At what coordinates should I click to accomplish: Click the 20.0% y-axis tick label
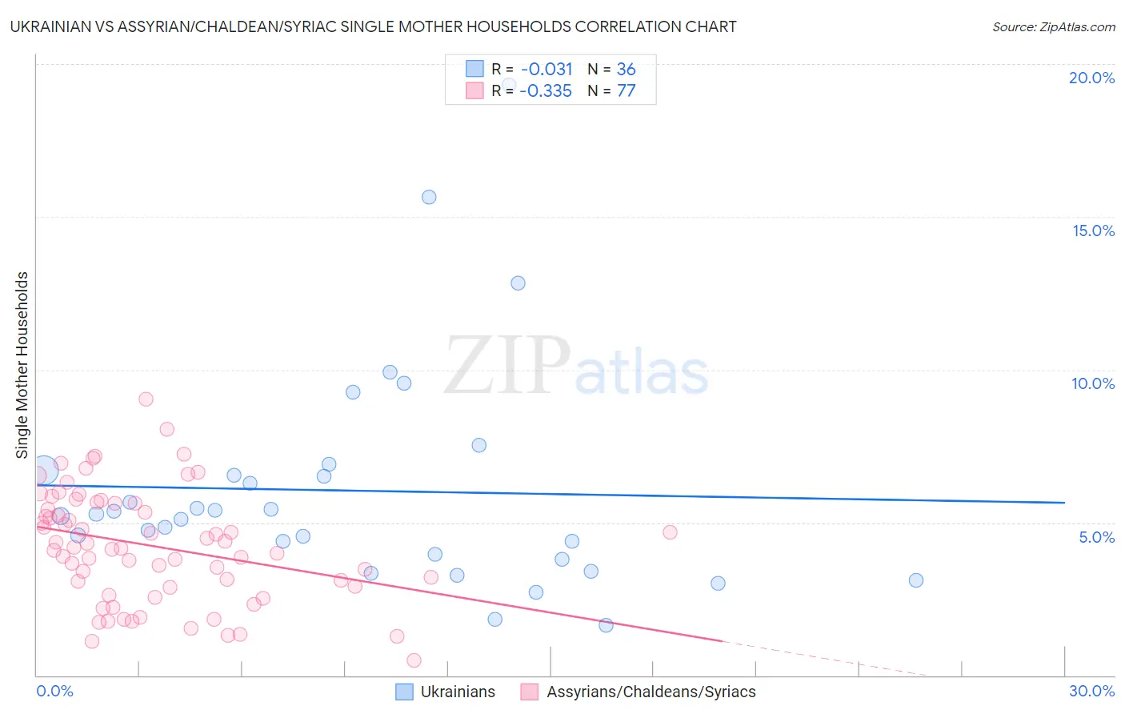coord(1091,78)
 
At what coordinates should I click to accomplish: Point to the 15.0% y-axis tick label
coord(1093,231)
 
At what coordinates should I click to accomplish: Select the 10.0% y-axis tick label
coord(1093,383)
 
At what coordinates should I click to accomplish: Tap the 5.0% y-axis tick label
coord(1096,537)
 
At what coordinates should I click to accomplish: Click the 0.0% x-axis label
coord(54,691)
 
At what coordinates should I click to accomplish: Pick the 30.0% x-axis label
coord(1091,691)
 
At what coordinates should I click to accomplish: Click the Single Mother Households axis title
coord(22,365)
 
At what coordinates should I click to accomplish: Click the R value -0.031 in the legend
coord(546,70)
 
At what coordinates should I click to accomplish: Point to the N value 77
coord(626,91)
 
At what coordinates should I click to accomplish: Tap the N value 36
coord(626,70)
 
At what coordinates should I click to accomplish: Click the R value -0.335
coord(546,91)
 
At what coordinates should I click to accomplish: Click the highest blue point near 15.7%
coord(429,197)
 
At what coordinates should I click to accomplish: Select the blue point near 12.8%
coord(518,283)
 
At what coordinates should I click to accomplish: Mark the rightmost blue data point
coord(916,580)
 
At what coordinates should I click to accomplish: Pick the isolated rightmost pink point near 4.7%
coord(670,532)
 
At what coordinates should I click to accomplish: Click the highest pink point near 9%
coord(146,399)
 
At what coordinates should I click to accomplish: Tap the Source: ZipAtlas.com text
coord(1053,27)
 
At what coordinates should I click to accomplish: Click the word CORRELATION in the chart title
coord(630,26)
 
